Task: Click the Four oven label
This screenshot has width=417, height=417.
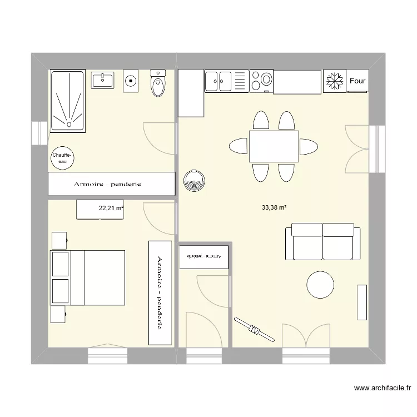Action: (x=358, y=81)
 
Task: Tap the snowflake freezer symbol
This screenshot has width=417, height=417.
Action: (x=334, y=81)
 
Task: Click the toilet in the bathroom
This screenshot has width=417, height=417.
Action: (x=158, y=84)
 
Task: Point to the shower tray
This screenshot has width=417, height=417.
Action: (x=68, y=101)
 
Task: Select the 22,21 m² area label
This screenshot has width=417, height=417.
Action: (x=111, y=209)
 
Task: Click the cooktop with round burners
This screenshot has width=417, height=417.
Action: (x=261, y=81)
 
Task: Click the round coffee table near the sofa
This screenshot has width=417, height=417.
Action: (x=321, y=285)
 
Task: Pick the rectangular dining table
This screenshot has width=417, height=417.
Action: (x=274, y=147)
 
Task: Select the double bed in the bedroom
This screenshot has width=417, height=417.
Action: (x=89, y=277)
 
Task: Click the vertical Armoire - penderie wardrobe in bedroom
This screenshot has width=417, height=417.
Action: (x=160, y=292)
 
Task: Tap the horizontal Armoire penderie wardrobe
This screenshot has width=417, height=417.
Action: (x=111, y=183)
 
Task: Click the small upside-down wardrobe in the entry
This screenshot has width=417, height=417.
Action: (x=203, y=257)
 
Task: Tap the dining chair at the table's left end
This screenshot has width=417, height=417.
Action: (x=238, y=147)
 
